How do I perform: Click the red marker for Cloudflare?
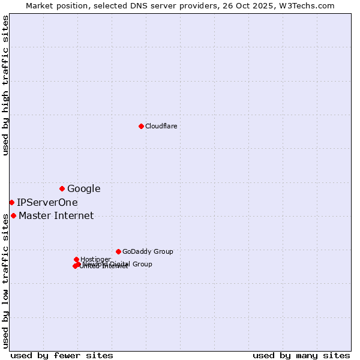point(141,126)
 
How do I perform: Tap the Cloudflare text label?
point(161,126)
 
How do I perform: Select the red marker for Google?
point(62,188)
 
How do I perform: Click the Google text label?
point(83,188)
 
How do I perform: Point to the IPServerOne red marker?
point(11,202)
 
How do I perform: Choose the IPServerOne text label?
point(47,202)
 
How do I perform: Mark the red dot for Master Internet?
point(13,215)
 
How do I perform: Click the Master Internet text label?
point(56,215)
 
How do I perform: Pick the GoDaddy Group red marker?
point(118,251)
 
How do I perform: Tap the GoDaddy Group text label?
point(148,251)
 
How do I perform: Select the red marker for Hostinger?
point(76,259)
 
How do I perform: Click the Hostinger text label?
point(95,259)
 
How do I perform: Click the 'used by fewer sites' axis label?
point(62,355)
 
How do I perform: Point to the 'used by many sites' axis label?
point(301,355)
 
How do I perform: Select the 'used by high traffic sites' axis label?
point(5,85)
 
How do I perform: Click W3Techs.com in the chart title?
point(310,5)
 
